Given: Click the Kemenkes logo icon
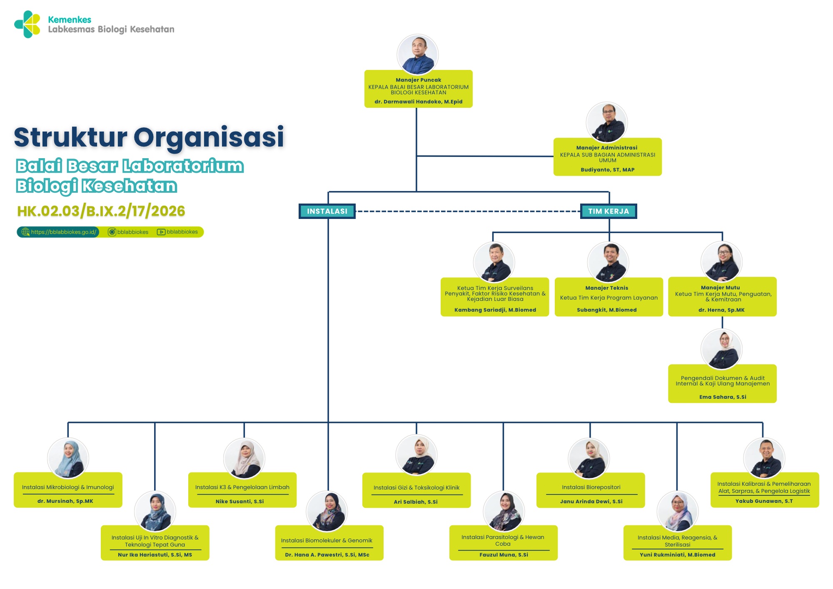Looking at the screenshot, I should (27, 24).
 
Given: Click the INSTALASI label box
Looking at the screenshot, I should (327, 211).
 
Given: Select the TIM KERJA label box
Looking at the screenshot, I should (609, 211).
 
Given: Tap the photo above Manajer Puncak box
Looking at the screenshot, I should (418, 55).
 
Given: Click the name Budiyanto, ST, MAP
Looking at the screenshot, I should (607, 170).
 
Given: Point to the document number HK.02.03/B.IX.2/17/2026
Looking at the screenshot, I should (101, 211).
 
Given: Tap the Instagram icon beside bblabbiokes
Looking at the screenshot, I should (112, 232).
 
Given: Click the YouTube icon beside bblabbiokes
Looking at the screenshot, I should (161, 232).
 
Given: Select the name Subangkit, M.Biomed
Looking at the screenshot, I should (606, 310).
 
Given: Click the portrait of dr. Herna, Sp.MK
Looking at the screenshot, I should (721, 262).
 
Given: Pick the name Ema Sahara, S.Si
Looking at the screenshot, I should (722, 397).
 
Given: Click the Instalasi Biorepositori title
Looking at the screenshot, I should (591, 487).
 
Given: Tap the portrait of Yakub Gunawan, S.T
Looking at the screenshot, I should (764, 458).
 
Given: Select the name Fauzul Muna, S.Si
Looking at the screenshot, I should (503, 555).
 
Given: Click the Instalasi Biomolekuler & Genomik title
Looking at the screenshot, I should (327, 540).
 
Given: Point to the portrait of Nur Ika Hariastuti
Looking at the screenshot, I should (155, 511).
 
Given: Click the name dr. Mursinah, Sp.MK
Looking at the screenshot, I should (65, 501).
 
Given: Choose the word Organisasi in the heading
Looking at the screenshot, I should (209, 137).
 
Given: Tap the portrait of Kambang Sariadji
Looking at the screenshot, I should (494, 262).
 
